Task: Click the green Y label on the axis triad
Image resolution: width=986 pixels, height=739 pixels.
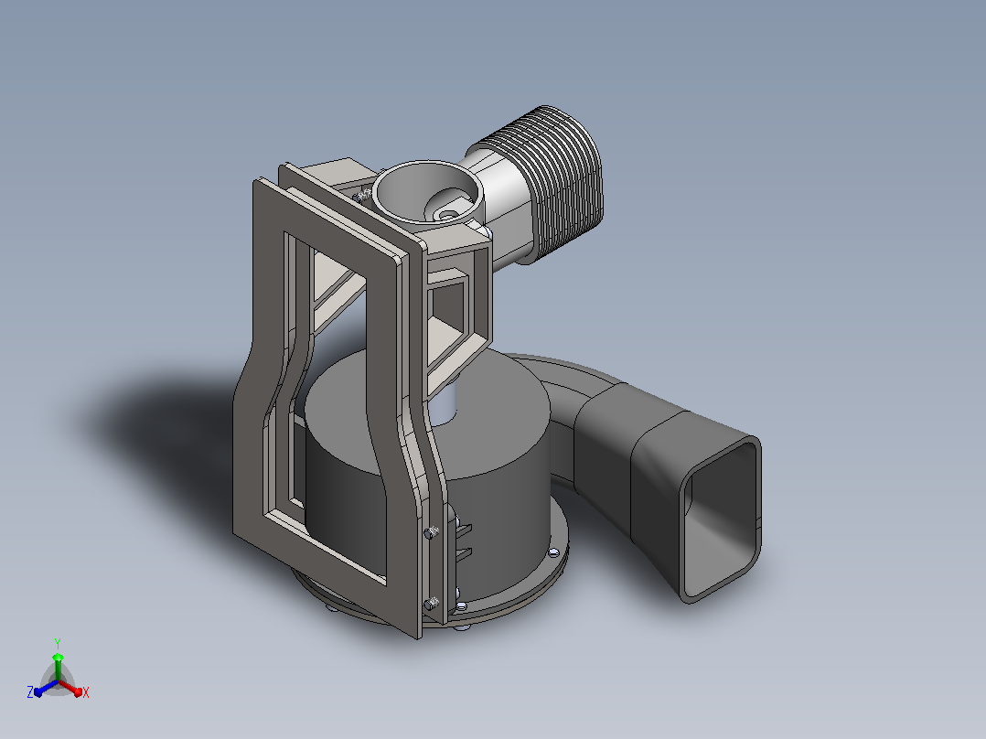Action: pos(58,643)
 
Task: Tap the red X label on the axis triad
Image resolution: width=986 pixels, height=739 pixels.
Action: pos(86,692)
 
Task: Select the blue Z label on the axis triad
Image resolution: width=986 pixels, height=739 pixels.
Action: pos(30,691)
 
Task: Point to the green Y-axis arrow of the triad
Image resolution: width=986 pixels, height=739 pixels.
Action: pos(58,667)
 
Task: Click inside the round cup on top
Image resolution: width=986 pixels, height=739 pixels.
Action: pos(429,192)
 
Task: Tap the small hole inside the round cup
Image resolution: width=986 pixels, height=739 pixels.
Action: pos(448,215)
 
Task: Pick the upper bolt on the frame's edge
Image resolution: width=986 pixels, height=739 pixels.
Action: pos(432,532)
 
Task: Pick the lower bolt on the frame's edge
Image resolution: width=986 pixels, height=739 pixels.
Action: pos(432,604)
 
